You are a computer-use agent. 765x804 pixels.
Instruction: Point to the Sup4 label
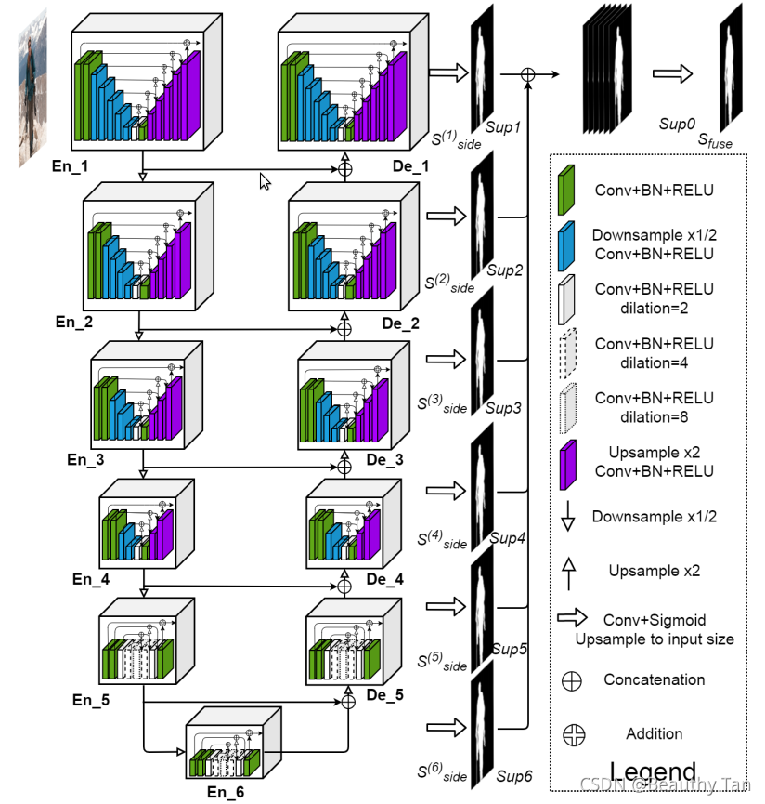(x=508, y=538)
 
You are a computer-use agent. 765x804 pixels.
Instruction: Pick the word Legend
(x=654, y=771)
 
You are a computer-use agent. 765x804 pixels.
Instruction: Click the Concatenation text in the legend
(x=654, y=679)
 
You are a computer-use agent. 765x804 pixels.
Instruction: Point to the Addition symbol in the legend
(x=573, y=734)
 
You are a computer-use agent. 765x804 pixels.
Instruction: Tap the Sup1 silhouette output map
(x=483, y=70)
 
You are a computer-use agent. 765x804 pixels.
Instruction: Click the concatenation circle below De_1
(x=345, y=169)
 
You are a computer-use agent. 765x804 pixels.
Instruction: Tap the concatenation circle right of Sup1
(x=528, y=73)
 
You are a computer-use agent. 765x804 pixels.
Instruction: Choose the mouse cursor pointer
(x=265, y=180)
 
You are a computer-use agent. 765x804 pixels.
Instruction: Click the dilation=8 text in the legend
(x=654, y=417)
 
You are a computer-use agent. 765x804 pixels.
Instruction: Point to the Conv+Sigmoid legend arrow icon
(x=574, y=618)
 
